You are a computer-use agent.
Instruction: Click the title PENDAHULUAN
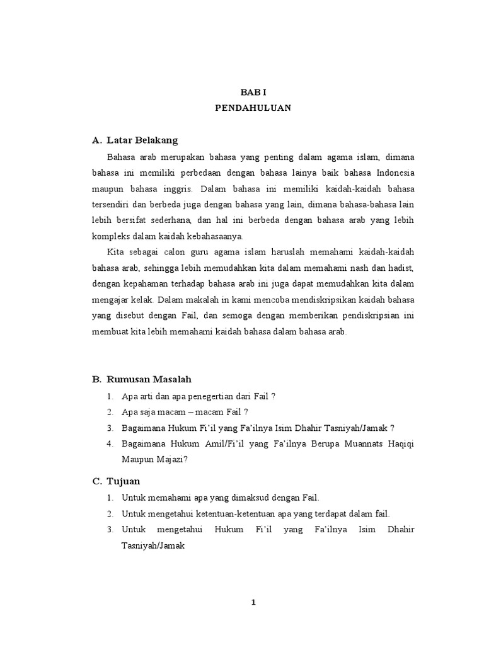(x=253, y=108)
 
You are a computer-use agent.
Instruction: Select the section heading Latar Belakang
(x=142, y=140)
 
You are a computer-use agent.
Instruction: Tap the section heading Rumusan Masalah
(x=149, y=379)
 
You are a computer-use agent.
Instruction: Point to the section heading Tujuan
(x=124, y=481)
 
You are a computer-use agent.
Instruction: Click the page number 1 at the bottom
(x=253, y=602)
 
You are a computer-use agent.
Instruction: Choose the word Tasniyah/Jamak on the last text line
(x=153, y=545)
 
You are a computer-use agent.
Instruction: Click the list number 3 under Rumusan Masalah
(x=110, y=428)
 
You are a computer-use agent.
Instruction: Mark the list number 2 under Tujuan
(x=110, y=513)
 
